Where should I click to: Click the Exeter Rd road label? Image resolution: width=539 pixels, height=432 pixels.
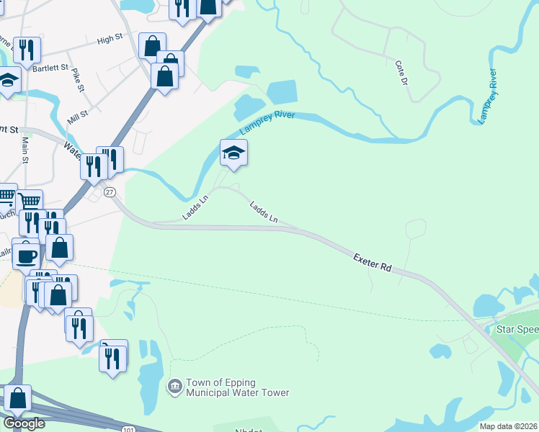(x=373, y=262)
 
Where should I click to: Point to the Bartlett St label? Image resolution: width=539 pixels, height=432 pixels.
(x=50, y=66)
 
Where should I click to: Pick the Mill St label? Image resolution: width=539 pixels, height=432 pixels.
(x=78, y=114)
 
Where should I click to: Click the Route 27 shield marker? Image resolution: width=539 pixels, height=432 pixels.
(x=110, y=192)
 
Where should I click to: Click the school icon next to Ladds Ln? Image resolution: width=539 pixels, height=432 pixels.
(x=233, y=153)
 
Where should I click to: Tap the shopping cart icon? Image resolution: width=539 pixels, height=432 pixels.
(x=29, y=202)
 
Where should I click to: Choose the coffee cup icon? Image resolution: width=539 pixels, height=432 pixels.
(x=27, y=255)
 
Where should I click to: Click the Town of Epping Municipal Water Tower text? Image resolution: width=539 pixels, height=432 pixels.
(x=237, y=387)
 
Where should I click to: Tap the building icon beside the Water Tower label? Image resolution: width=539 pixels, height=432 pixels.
(x=174, y=387)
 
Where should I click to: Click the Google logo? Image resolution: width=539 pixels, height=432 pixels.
(x=23, y=423)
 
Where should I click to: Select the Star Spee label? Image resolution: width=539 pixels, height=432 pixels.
(x=517, y=329)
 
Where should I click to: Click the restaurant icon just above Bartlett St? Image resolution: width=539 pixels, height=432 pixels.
(x=27, y=49)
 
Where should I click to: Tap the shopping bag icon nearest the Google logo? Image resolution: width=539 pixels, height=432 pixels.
(x=17, y=397)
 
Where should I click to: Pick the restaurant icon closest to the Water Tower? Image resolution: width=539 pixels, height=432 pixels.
(x=113, y=358)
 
